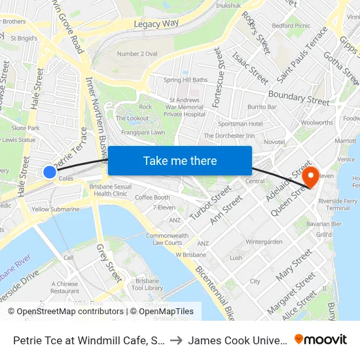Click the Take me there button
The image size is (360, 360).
coord(180,160)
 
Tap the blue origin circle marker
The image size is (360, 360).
coord(50,172)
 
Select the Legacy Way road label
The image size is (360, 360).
coord(156,24)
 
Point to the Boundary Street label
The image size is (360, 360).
coord(298,98)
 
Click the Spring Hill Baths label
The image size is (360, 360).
coord(185,80)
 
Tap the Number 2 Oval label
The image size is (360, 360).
coord(136,54)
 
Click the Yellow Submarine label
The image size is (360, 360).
coord(56,209)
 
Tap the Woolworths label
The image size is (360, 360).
coord(317,122)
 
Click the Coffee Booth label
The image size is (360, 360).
coord(153,198)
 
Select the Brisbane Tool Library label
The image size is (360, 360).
coord(147,283)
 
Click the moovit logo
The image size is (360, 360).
coord(321,339)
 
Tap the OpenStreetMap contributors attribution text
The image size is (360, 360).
coord(65,312)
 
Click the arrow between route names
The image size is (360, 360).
coord(177,340)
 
